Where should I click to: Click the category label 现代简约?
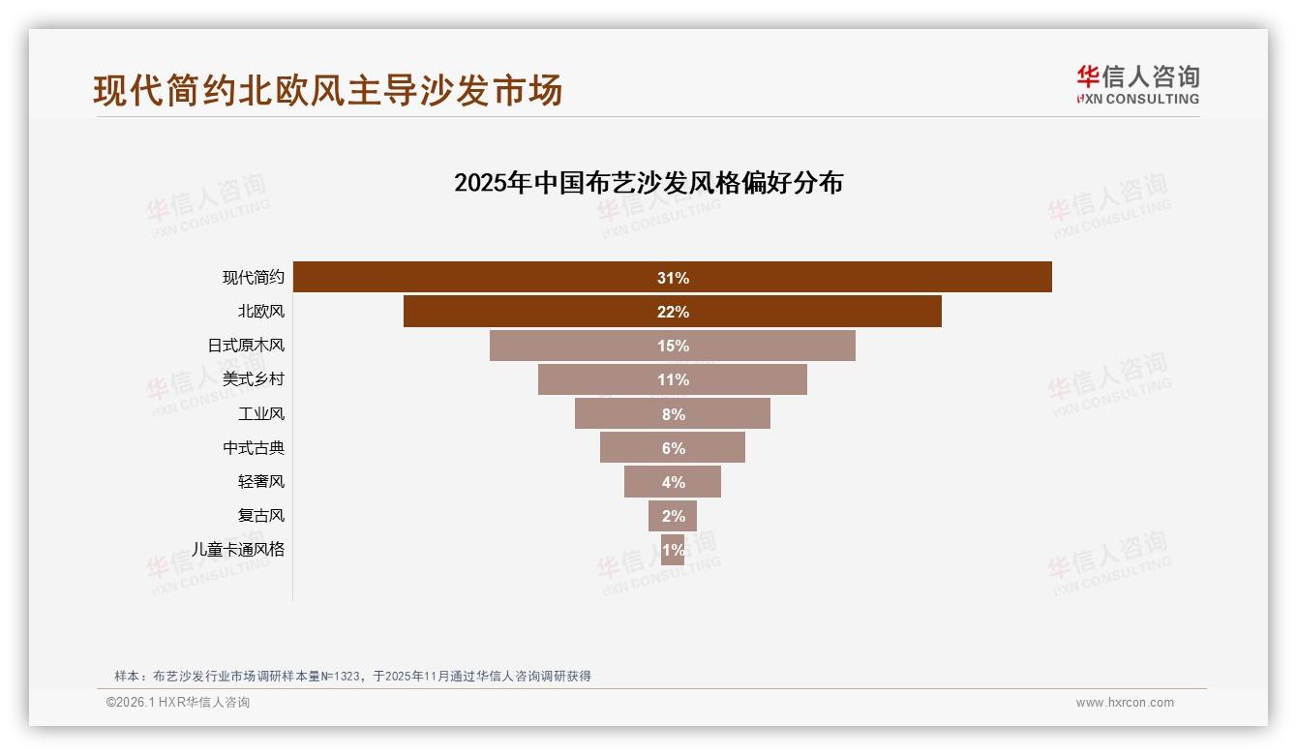(x=254, y=278)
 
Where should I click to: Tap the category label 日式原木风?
(x=246, y=346)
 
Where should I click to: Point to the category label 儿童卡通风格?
(x=238, y=550)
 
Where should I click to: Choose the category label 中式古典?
(x=254, y=448)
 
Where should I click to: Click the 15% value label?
(x=673, y=346)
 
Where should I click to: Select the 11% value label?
(x=673, y=379)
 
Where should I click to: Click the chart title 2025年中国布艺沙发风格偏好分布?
(x=648, y=182)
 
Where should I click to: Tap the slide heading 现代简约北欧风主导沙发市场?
(x=328, y=90)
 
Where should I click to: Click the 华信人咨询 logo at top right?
(x=1137, y=84)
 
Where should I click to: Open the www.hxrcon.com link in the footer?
(x=1125, y=703)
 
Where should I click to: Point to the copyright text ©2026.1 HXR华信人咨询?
(x=178, y=703)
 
